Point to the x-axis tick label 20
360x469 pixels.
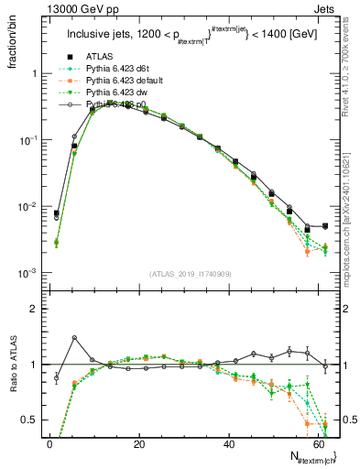[138, 444]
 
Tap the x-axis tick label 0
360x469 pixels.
[49, 444]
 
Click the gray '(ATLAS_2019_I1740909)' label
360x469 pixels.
[189, 272]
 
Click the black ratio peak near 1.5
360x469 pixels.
[74, 338]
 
